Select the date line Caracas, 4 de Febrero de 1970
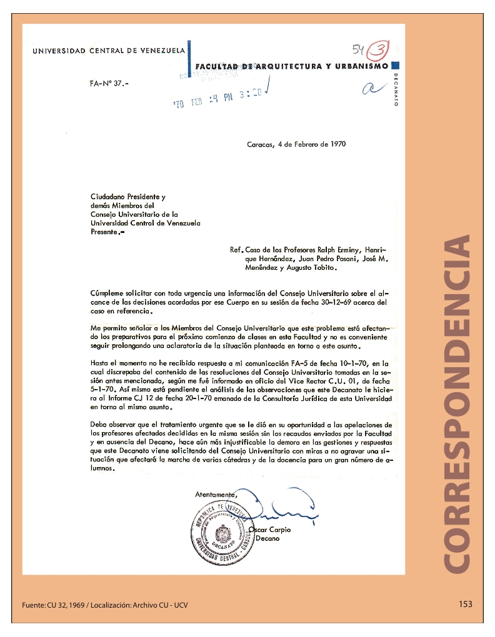(296, 144)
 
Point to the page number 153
(465, 604)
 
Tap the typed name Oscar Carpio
(270, 530)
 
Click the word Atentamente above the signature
(216, 494)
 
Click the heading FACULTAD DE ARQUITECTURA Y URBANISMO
(292, 66)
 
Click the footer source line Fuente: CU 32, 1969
(104, 605)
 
